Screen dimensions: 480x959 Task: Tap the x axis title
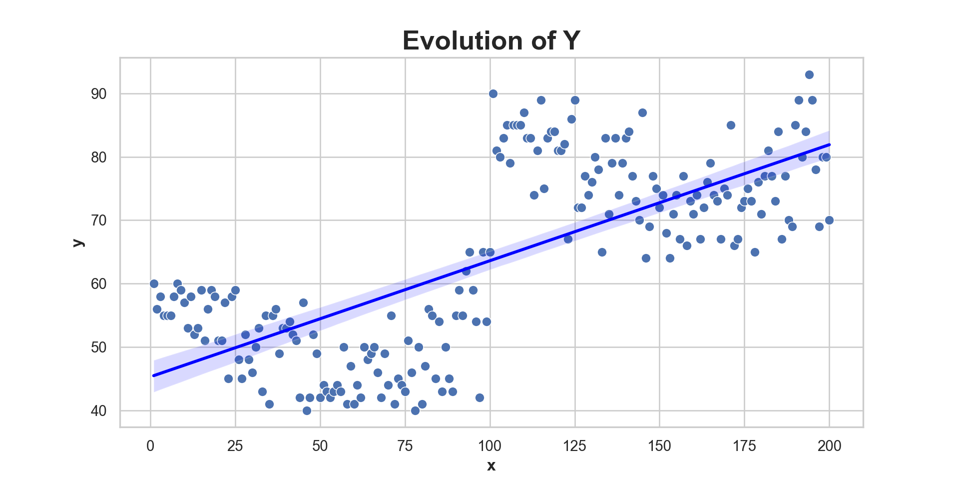point(491,466)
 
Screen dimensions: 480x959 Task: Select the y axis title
point(78,242)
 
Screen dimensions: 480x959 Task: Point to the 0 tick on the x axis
point(150,446)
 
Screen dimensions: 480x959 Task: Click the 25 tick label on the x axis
point(235,446)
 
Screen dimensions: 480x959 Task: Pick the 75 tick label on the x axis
point(405,446)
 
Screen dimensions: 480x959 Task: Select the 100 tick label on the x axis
point(490,446)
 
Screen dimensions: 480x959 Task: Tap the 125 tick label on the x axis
point(575,446)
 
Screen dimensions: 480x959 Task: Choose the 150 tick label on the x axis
point(660,446)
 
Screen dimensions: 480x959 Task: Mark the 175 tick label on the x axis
point(745,446)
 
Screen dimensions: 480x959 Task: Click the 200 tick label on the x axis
point(830,446)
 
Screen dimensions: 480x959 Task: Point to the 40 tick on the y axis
point(99,411)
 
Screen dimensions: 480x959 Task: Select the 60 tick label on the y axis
point(99,284)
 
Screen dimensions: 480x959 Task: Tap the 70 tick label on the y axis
point(99,220)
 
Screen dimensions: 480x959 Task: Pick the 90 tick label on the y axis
point(99,94)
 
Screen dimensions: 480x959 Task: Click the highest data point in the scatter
point(809,75)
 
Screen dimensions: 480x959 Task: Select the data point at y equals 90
point(493,94)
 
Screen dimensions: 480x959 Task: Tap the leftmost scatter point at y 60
point(154,284)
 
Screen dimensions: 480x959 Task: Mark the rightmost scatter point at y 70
point(829,220)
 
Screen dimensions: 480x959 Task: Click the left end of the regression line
point(154,375)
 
